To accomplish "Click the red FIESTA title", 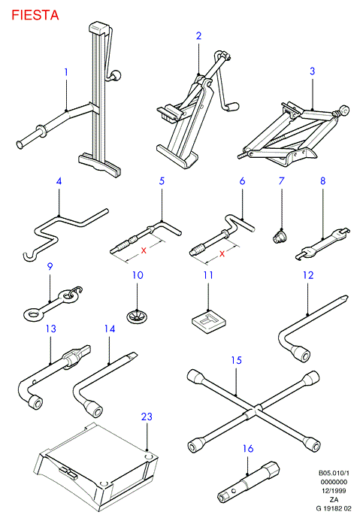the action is coord(35,15).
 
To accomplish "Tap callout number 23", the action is coord(147,417).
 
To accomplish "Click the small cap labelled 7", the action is coord(280,237).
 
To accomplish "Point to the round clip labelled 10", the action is coord(138,317).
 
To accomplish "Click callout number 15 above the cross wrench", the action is coord(237,360).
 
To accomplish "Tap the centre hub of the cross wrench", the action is coord(253,411).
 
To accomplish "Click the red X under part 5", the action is coord(144,250).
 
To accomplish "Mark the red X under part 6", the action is coord(222,253).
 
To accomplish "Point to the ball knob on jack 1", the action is coord(116,76).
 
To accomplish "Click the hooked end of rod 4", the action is coord(29,257).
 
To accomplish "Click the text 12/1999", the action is coord(334,491).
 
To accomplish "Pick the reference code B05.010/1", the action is coord(334,473).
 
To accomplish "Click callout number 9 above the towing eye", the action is coord(50,266).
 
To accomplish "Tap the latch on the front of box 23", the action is coord(68,473).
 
